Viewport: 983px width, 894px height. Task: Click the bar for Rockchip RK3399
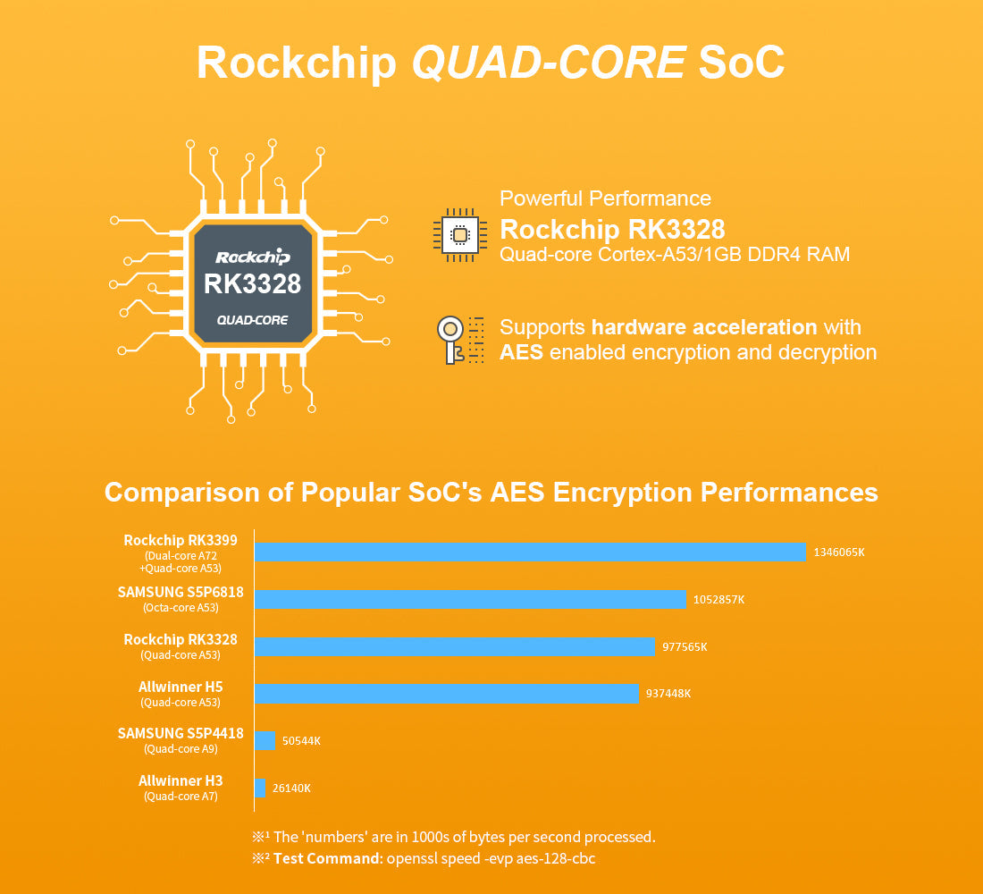tap(530, 552)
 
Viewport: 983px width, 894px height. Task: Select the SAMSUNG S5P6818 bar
tap(470, 600)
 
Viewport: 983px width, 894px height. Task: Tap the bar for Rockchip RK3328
tap(455, 646)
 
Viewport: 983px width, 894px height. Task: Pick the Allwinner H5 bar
tap(447, 694)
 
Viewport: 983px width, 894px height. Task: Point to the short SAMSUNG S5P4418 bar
tap(265, 740)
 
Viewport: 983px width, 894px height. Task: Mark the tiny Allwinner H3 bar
tap(260, 788)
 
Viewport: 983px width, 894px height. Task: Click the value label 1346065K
tap(838, 552)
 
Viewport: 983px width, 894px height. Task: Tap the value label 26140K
tap(291, 788)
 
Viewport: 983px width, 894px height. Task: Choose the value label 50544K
tap(301, 741)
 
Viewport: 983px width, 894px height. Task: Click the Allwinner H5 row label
tap(181, 687)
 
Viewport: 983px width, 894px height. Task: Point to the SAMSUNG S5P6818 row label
tap(181, 592)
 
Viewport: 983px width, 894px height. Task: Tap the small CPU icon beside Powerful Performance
tap(459, 234)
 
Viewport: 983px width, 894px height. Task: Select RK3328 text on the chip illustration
tap(252, 284)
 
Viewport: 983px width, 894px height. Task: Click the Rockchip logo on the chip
tap(253, 257)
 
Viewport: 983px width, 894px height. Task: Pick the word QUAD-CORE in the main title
tap(549, 63)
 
